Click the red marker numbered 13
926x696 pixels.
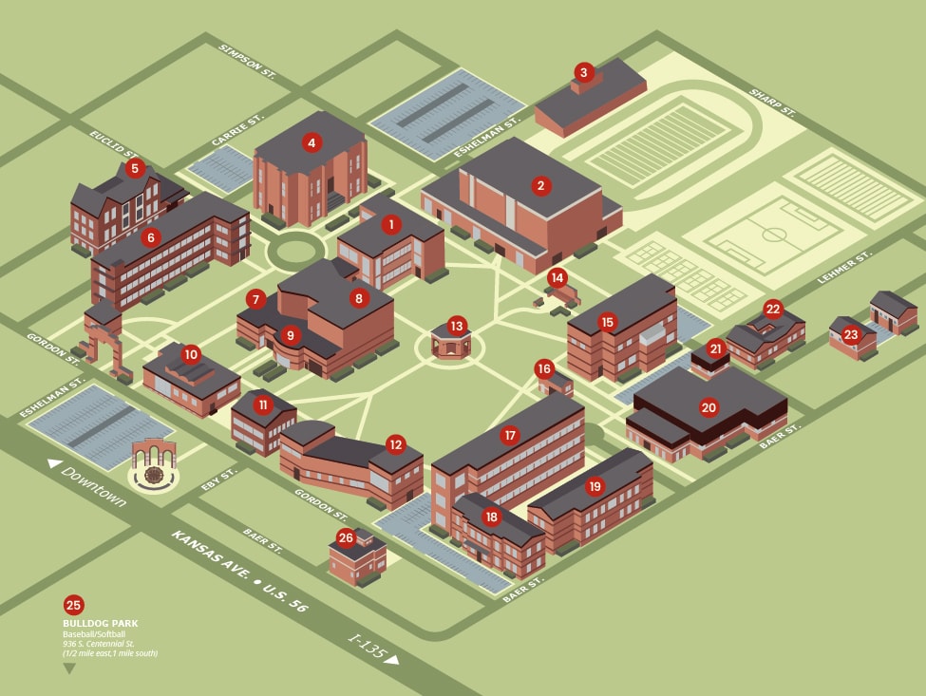pos(457,326)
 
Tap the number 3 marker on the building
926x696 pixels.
pos(584,72)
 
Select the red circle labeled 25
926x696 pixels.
pos(74,605)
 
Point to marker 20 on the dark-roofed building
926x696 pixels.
pos(709,407)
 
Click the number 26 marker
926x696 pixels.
pos(346,537)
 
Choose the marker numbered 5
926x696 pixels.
pos(135,169)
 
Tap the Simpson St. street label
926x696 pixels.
pos(247,62)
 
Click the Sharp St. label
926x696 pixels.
pos(772,103)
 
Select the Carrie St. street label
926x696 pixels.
pos(236,130)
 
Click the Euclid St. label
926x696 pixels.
pos(113,143)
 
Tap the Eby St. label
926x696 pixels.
pos(219,480)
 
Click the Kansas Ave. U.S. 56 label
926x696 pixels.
pos(239,571)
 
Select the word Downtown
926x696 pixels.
pos(94,486)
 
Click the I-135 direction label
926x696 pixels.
pos(367,647)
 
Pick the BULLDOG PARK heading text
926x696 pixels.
pos(101,624)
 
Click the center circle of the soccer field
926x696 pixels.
pos(773,235)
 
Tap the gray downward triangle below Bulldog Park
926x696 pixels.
pos(69,668)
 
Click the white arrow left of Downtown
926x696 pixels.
pos(54,463)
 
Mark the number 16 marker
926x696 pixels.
pos(544,369)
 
